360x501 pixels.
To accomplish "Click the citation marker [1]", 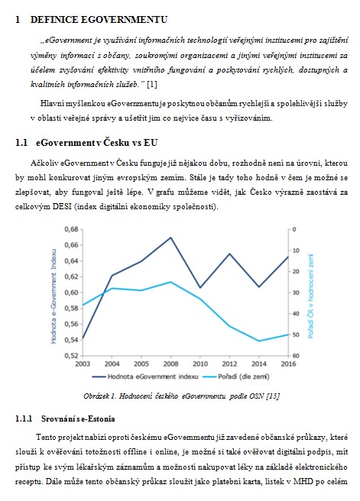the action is tap(152, 84).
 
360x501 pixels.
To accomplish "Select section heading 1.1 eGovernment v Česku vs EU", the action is tap(86, 143).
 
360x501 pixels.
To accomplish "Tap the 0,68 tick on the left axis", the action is tap(71, 229).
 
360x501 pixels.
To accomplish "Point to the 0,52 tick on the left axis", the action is tap(71, 355).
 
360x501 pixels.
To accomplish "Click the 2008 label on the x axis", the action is tap(170, 364).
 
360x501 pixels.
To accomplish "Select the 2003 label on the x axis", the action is tap(83, 364).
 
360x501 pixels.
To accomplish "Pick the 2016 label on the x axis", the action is tap(288, 364).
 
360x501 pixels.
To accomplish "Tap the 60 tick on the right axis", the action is tap(296, 356).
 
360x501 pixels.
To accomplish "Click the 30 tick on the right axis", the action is tap(296, 293).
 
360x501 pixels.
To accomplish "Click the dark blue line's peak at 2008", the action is tap(170, 238).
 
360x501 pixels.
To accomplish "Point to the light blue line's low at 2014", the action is tap(259, 341).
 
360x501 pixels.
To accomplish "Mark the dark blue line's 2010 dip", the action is tap(200, 288).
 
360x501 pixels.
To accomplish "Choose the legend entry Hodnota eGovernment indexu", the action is tap(145, 377).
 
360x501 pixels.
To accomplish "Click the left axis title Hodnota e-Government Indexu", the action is tap(54, 296).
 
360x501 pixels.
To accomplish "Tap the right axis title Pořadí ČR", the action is tap(311, 296).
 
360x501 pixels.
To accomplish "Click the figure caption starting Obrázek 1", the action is tap(181, 396).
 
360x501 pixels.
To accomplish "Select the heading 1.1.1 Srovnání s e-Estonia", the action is tap(65, 419).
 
